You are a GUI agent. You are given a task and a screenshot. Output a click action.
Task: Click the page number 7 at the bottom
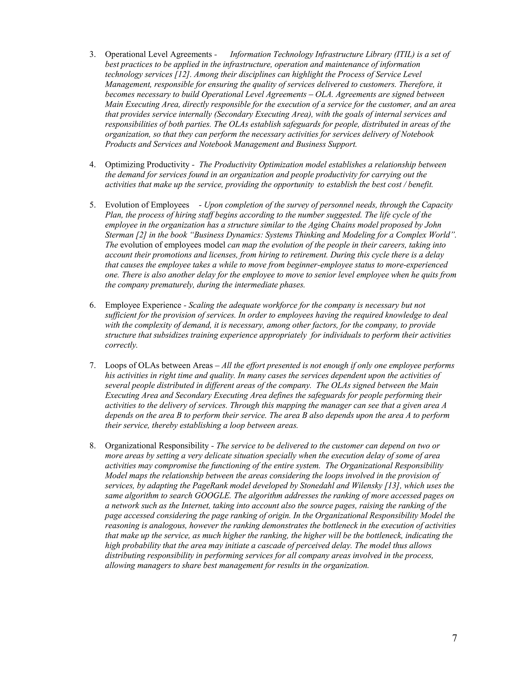[x=454, y=638]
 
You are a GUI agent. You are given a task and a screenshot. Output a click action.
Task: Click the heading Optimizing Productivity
[x=147, y=165]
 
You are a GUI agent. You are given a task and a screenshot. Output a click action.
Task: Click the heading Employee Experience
[x=143, y=305]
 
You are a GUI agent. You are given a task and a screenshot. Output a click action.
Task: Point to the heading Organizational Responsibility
[x=157, y=446]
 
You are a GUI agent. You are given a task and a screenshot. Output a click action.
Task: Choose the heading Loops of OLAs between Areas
[x=159, y=366]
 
